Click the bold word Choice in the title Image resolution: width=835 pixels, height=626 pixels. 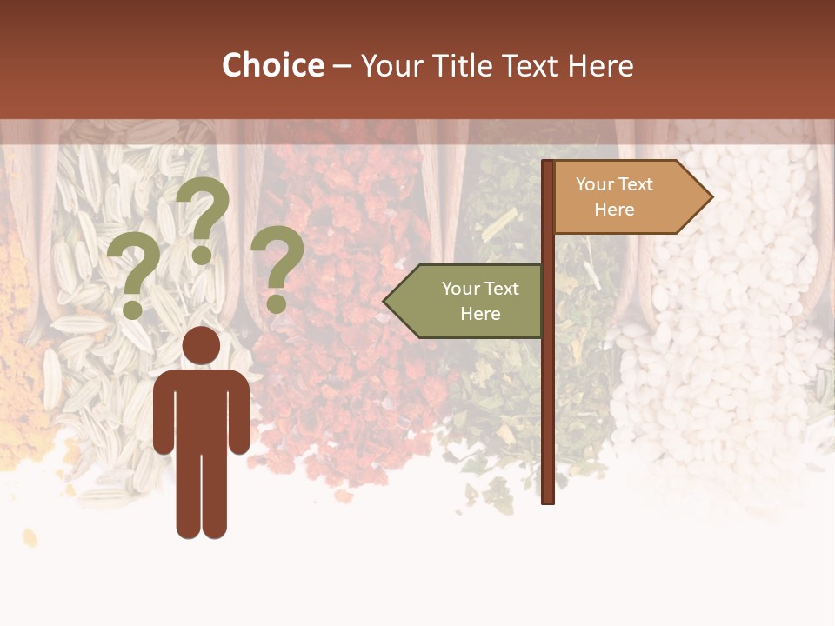click(x=272, y=65)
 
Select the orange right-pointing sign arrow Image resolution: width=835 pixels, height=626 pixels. click(x=626, y=197)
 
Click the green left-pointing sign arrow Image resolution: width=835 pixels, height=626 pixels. click(x=470, y=301)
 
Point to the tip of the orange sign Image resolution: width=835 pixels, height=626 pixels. click(x=711, y=197)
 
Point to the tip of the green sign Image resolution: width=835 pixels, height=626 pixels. click(x=385, y=301)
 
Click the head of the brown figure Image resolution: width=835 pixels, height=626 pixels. click(x=201, y=346)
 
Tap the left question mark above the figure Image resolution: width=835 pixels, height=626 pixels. click(x=133, y=274)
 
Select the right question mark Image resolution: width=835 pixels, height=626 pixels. click(x=277, y=265)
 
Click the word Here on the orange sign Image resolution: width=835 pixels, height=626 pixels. click(x=614, y=210)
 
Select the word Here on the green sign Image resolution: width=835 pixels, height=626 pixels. click(x=480, y=314)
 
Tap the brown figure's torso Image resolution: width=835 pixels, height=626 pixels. click(x=201, y=409)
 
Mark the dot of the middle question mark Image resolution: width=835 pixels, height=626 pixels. click(x=202, y=254)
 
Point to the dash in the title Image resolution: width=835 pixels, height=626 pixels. click(x=342, y=67)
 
